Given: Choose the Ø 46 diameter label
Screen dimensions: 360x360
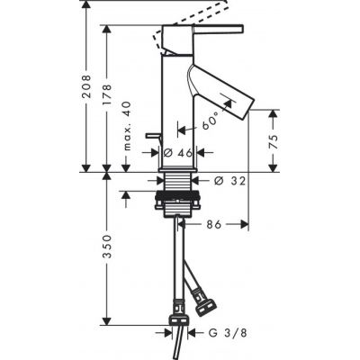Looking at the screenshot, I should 184,154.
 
